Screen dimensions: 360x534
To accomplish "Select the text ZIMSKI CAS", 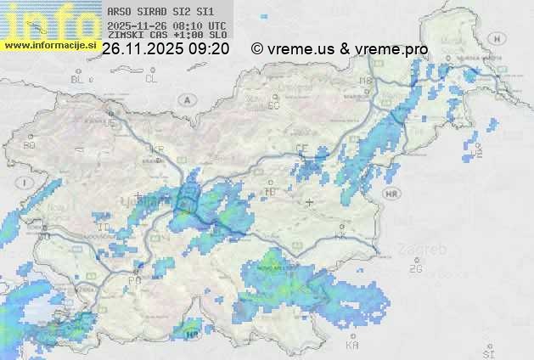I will click(137, 36).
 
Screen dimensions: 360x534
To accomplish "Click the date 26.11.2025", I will click(139, 49).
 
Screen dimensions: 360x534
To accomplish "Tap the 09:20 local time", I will click(211, 49).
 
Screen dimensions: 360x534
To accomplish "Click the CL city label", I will click(151, 79).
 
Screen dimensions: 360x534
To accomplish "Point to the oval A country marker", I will click(186, 99).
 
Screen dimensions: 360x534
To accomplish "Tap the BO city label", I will click(30, 145).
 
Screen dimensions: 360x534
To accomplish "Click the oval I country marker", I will click(26, 182).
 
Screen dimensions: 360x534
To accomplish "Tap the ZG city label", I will click(415, 269).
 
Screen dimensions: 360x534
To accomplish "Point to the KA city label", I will click(352, 346).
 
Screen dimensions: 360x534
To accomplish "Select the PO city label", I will click(134, 279).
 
